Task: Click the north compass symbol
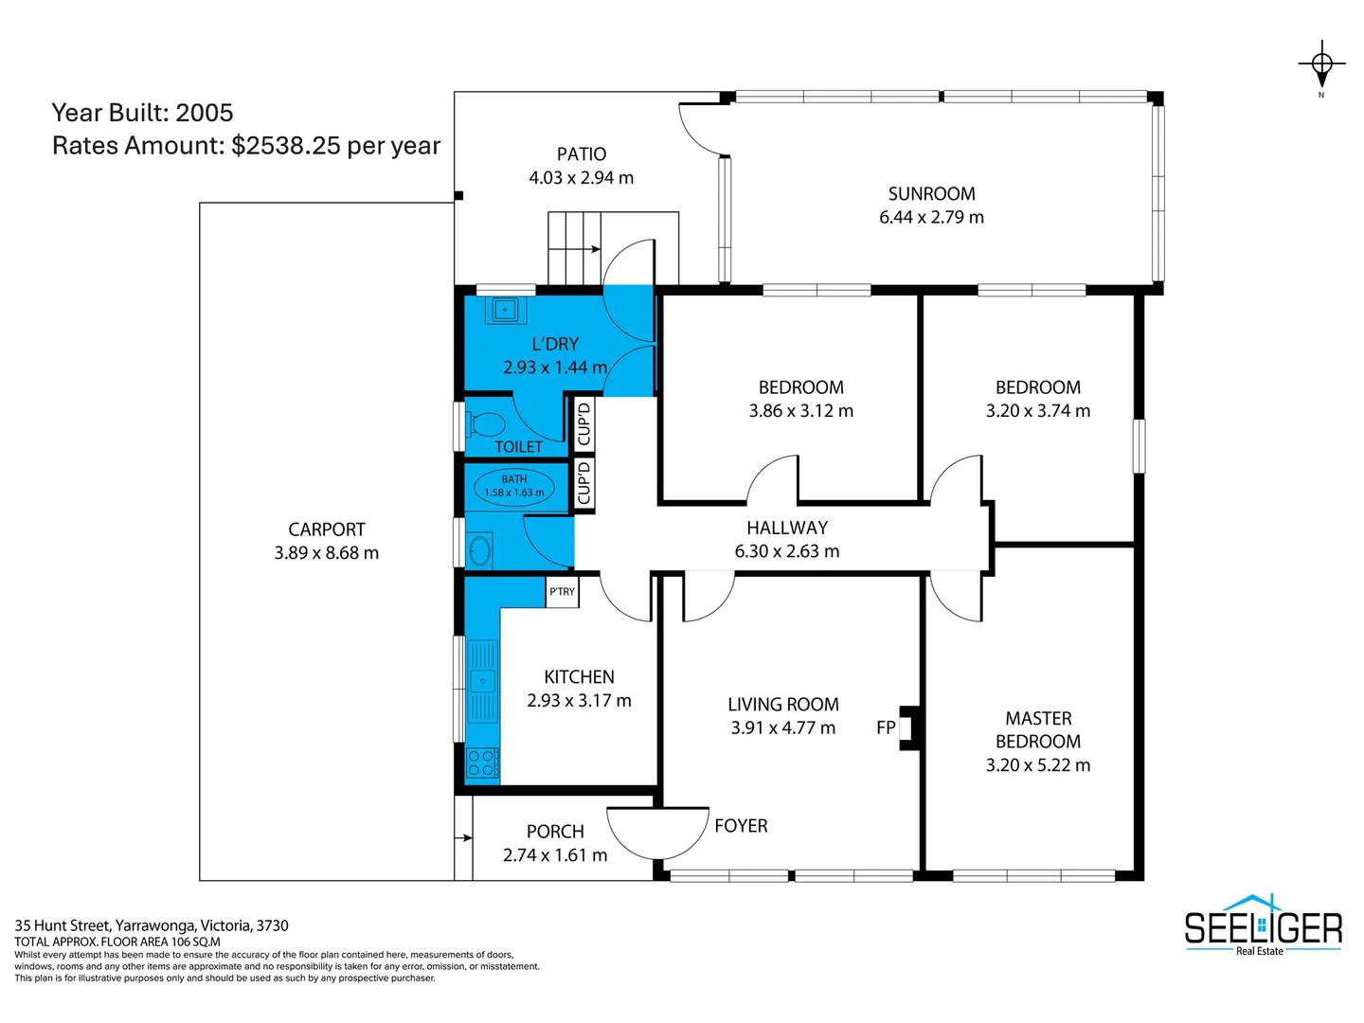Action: pyautogui.click(x=1321, y=64)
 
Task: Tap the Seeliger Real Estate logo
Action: pyautogui.click(x=1263, y=925)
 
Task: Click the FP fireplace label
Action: pyautogui.click(x=886, y=727)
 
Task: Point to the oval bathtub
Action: pyautogui.click(x=514, y=487)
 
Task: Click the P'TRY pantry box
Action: pyautogui.click(x=562, y=592)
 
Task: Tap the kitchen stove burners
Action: pyautogui.click(x=481, y=763)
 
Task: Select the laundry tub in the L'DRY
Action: pyautogui.click(x=504, y=310)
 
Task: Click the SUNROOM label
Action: pyautogui.click(x=931, y=194)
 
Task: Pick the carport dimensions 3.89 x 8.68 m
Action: pyautogui.click(x=326, y=553)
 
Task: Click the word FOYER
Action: pyautogui.click(x=741, y=826)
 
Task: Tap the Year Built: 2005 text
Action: pyautogui.click(x=142, y=113)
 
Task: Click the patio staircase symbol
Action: pyautogui.click(x=575, y=248)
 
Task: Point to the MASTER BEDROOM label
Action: pyautogui.click(x=1038, y=730)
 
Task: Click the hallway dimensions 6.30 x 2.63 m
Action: pyautogui.click(x=786, y=551)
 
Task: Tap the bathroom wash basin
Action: pyautogui.click(x=480, y=550)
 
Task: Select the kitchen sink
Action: pyautogui.click(x=482, y=680)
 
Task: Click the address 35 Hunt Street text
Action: pyautogui.click(x=151, y=925)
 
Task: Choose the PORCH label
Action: pyautogui.click(x=555, y=832)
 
